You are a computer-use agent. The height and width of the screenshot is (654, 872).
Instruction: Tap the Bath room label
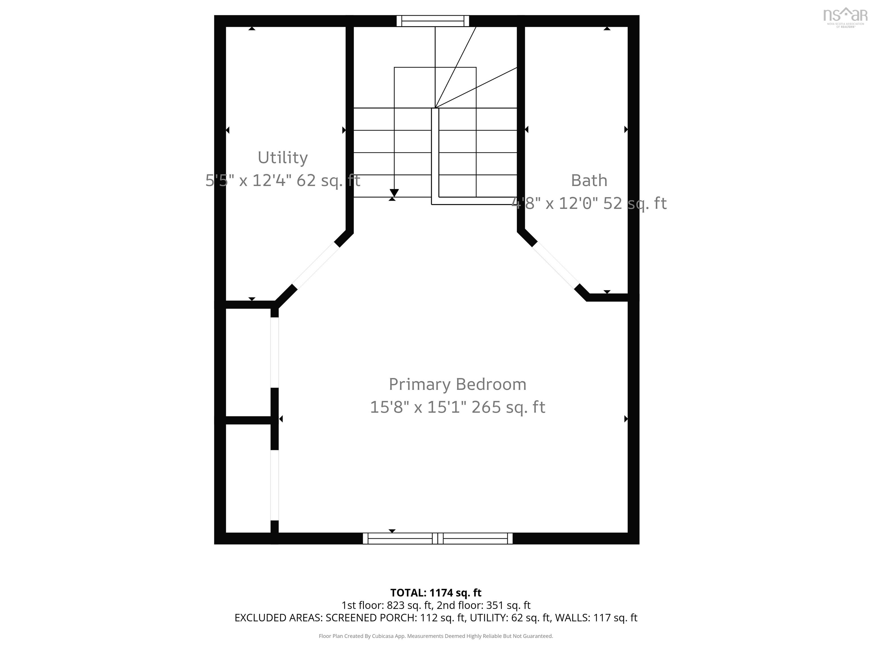click(589, 181)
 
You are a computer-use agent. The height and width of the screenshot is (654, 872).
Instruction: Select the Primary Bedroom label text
click(457, 384)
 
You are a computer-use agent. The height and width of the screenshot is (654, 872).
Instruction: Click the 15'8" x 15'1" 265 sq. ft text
click(457, 407)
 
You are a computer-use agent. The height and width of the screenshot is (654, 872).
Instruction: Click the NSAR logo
click(845, 16)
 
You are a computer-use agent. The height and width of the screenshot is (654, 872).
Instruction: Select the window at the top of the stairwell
click(433, 21)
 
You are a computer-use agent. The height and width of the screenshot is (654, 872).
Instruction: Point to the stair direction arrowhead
click(394, 193)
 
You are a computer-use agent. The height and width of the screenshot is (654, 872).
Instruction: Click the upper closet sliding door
click(274, 353)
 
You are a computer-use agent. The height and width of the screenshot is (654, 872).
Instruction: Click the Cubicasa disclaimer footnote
click(436, 636)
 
